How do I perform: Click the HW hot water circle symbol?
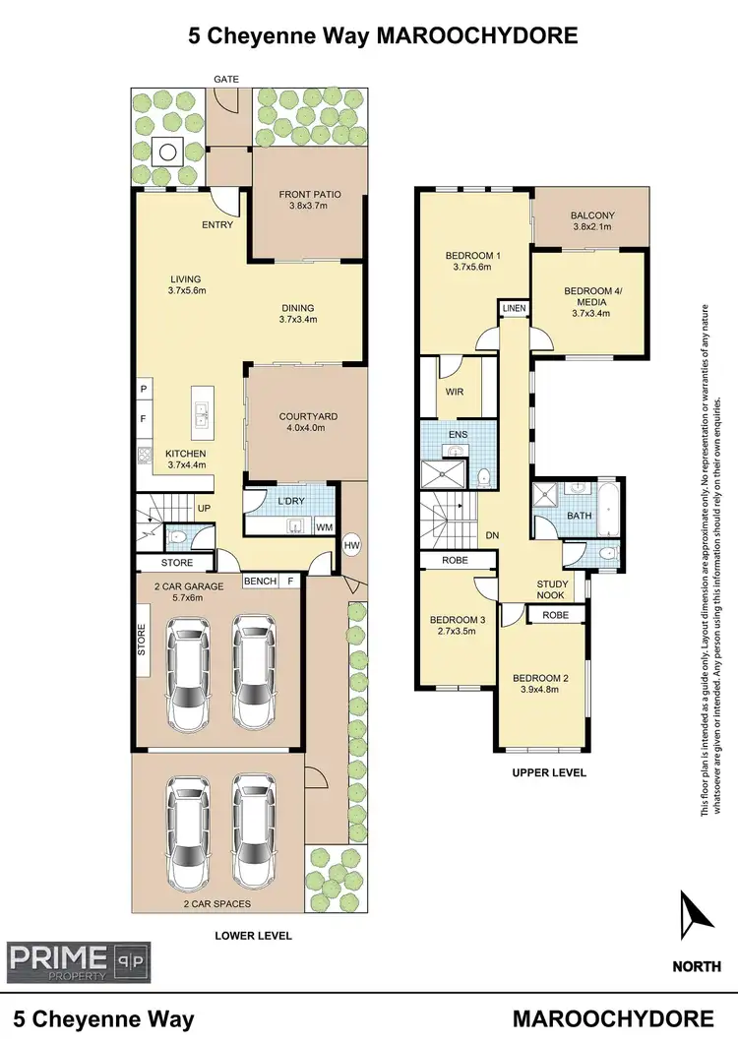click(x=351, y=544)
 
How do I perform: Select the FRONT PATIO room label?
click(x=310, y=200)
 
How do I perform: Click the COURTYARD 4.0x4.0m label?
click(x=308, y=423)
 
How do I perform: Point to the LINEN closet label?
click(x=514, y=309)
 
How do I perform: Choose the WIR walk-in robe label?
click(x=454, y=393)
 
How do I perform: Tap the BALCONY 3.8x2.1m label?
click(x=592, y=221)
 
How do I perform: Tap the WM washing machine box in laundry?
click(x=324, y=526)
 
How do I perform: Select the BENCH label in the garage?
click(x=260, y=581)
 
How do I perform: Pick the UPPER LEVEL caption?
click(x=549, y=772)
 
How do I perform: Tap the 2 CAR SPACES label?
click(x=215, y=903)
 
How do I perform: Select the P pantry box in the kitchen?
click(x=144, y=390)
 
